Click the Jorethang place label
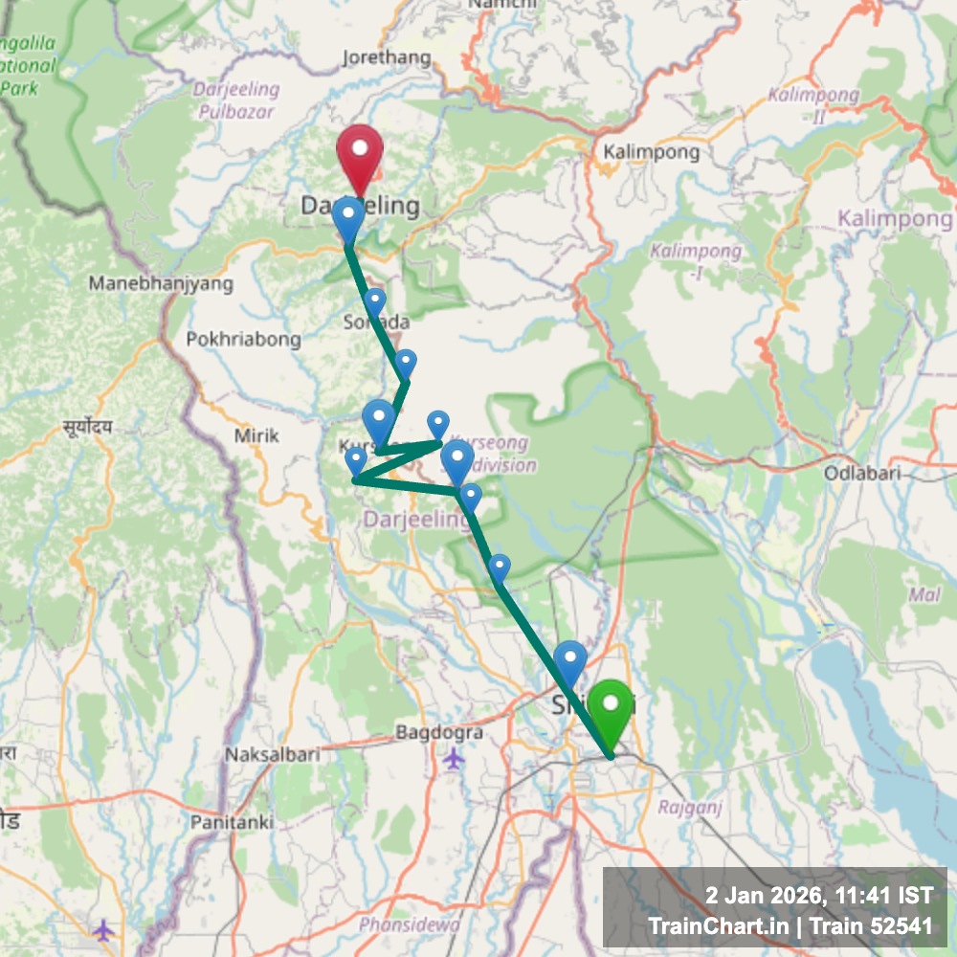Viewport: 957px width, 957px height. tap(387, 58)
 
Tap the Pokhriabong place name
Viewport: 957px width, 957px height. tap(243, 339)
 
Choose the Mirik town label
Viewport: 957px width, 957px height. tap(256, 435)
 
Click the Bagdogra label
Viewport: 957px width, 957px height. tap(439, 733)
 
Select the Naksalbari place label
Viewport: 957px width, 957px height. tap(272, 754)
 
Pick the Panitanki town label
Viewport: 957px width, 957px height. tap(232, 821)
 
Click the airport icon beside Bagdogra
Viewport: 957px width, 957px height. tap(454, 759)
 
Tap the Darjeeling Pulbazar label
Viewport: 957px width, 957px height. tap(236, 100)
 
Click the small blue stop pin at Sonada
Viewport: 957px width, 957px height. tap(374, 300)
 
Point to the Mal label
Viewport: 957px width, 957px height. tap(924, 595)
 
